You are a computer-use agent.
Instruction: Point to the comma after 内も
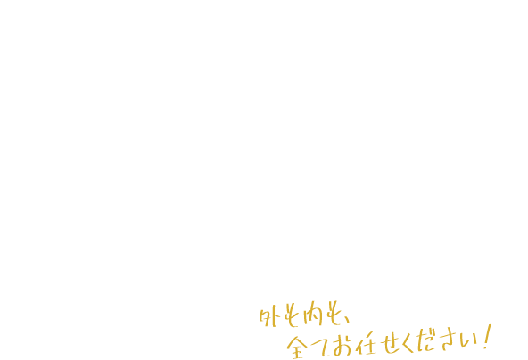347,320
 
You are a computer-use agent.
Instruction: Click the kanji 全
297,347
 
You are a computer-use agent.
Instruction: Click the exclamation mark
487,337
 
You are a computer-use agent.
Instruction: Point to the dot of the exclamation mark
484,348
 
